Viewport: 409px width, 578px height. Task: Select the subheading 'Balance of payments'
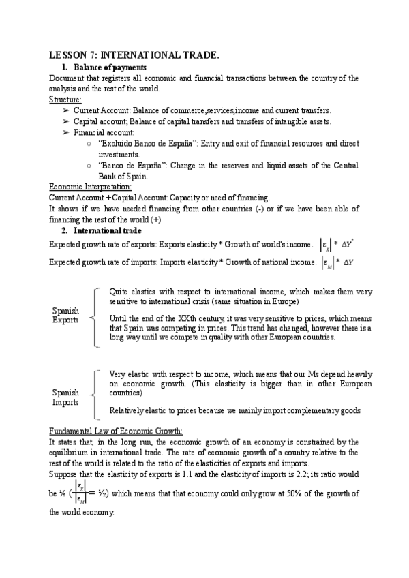click(109, 67)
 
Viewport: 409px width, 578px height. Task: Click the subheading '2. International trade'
click(102, 230)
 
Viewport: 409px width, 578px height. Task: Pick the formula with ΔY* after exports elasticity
click(346, 244)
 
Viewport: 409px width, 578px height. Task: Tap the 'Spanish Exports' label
click(65, 316)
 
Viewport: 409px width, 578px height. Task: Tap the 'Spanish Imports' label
click(65, 398)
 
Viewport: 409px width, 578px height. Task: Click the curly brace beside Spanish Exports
click(95, 317)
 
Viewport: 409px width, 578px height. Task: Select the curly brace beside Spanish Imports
click(95, 394)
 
